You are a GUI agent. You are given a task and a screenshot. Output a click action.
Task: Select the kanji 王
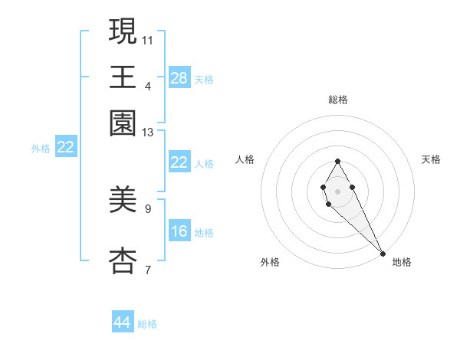[x=123, y=77]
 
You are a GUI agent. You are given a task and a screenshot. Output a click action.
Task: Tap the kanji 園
[x=123, y=123]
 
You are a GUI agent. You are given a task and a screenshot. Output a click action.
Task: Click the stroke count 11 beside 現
[x=148, y=39]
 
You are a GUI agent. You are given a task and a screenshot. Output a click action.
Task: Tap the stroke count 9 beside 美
[x=148, y=208]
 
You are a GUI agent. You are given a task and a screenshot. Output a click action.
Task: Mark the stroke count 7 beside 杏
[x=148, y=270]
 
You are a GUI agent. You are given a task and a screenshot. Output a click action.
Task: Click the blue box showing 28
[x=179, y=78]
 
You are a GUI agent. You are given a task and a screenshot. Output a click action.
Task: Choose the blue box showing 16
[x=179, y=231]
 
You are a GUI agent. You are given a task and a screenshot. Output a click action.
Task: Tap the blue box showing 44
[x=123, y=322]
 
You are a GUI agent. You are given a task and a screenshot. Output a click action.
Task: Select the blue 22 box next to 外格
[x=65, y=148]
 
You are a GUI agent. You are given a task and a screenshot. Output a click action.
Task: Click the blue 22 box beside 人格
[x=179, y=162]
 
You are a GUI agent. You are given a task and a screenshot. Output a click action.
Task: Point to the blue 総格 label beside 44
[x=148, y=324]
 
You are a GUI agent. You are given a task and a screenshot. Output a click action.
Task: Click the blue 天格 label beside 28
[x=205, y=80]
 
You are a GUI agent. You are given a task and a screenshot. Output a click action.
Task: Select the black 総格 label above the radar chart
[x=338, y=100]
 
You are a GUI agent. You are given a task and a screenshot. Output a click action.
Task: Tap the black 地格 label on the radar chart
[x=402, y=262]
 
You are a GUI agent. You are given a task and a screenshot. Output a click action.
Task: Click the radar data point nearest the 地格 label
[x=383, y=254]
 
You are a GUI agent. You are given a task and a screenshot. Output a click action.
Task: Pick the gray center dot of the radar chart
[x=337, y=190]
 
